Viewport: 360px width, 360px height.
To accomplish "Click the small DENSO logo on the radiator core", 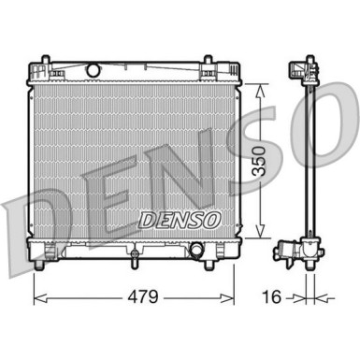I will pos(180,218).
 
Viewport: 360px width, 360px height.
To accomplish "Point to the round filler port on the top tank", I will pos(93,70).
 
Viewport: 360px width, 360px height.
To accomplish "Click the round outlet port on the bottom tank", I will pos(197,251).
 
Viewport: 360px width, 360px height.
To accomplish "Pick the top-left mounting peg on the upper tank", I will pos(42,65).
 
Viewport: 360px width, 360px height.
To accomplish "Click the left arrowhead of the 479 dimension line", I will pos(37,300).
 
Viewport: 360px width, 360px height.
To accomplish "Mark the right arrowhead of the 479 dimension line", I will pos(232,300).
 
